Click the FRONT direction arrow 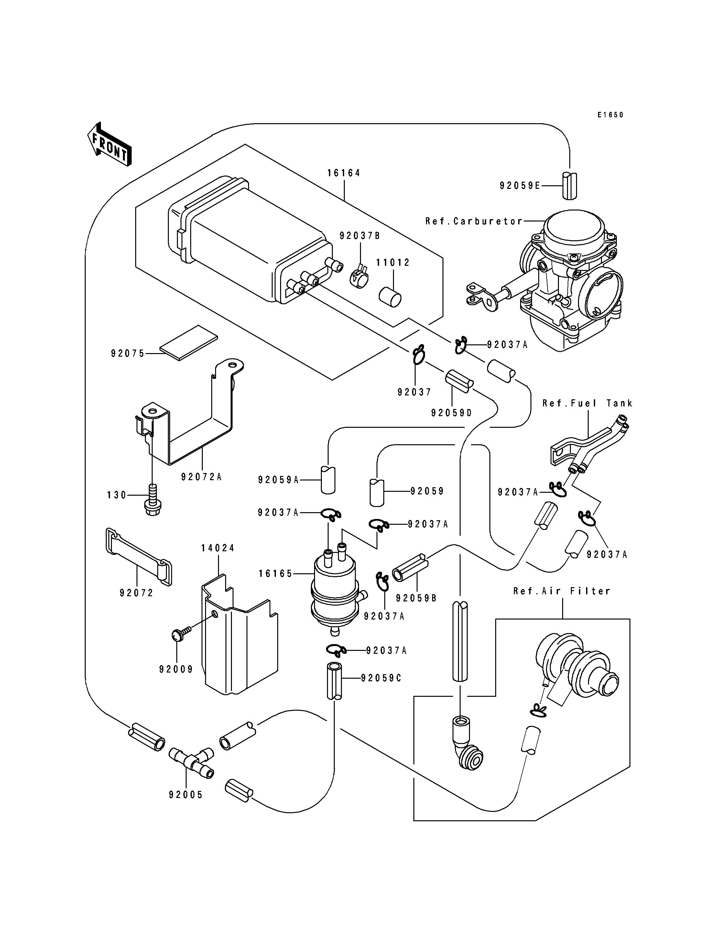pyautogui.click(x=109, y=144)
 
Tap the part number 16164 pyautogui.click(x=344, y=173)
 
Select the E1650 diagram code pyautogui.click(x=610, y=115)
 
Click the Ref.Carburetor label pyautogui.click(x=474, y=221)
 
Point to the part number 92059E pyautogui.click(x=520, y=186)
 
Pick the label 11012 pyautogui.click(x=393, y=263)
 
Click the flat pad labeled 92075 pyautogui.click(x=189, y=343)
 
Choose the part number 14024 pyautogui.click(x=218, y=548)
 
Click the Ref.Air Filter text pyautogui.click(x=562, y=591)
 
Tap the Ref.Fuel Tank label pyautogui.click(x=587, y=404)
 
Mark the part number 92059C pyautogui.click(x=381, y=678)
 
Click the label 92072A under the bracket pyautogui.click(x=201, y=477)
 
